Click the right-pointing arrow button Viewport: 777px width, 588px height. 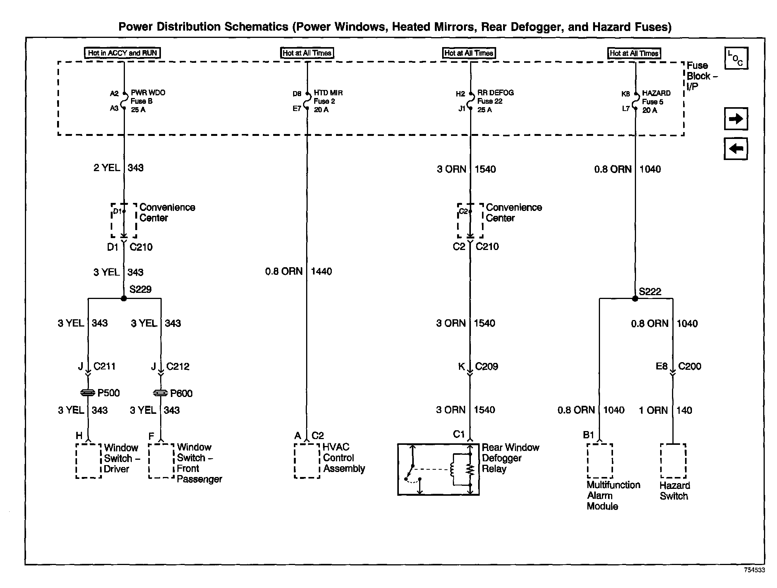(736, 119)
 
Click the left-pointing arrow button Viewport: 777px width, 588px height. (736, 149)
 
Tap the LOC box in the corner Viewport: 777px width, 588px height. (736, 58)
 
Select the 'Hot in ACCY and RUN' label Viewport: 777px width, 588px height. (122, 53)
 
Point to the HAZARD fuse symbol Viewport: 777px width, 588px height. (636, 101)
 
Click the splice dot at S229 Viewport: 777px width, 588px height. (124, 298)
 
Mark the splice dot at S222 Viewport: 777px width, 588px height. (635, 299)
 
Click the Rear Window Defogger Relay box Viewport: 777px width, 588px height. (438, 469)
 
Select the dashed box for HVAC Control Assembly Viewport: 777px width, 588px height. (307, 461)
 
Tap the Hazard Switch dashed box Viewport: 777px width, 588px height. (673, 461)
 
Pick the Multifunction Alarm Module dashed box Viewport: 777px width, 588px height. (600, 461)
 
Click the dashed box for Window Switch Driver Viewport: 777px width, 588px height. (89, 461)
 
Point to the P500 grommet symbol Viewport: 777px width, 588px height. (88, 393)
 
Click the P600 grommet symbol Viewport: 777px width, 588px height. (161, 393)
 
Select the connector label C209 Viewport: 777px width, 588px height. (487, 366)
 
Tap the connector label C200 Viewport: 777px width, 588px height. (690, 366)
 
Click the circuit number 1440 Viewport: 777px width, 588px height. (321, 271)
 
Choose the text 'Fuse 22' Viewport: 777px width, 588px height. (490, 101)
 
